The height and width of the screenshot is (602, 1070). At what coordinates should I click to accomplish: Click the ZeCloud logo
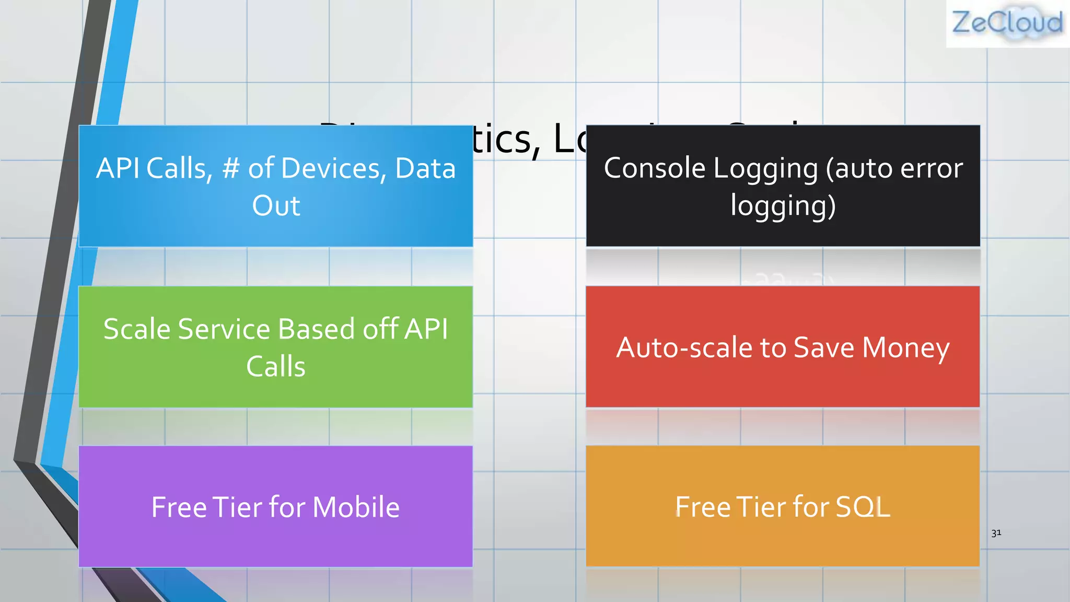coord(1007,24)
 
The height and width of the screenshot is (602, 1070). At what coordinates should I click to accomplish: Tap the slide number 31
coord(996,533)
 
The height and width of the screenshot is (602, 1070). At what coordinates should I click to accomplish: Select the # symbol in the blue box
coord(231,169)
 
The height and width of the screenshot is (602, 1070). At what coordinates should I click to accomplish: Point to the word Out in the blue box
coord(276,206)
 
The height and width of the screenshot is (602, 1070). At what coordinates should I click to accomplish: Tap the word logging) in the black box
coord(783,206)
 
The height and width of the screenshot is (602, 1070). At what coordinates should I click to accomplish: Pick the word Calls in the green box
coord(276,367)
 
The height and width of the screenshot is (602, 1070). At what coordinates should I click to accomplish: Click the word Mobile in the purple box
coord(356,507)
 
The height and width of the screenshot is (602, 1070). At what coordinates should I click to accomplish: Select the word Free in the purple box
coord(178,507)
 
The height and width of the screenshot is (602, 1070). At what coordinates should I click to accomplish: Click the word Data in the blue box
coord(425,169)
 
